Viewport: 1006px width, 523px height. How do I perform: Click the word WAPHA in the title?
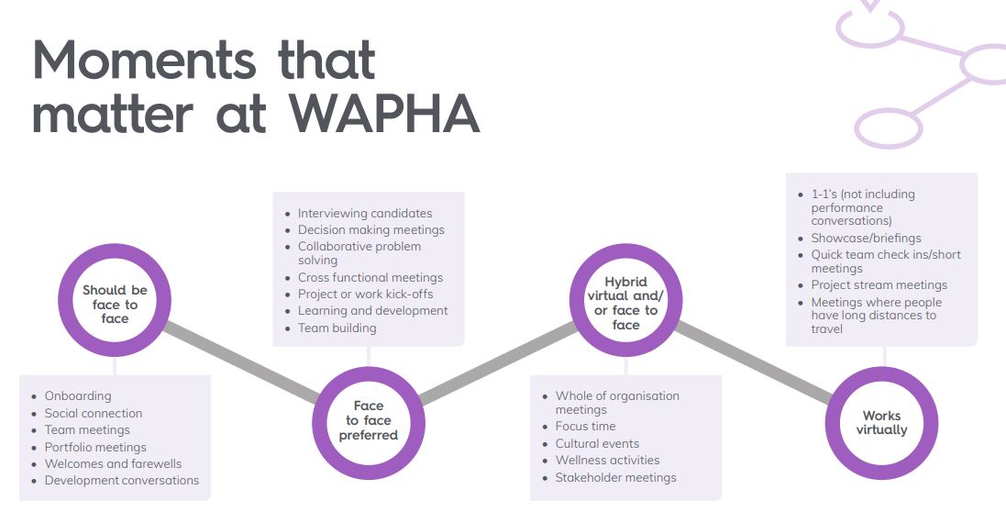coord(384,115)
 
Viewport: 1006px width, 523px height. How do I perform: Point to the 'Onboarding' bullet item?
coord(78,396)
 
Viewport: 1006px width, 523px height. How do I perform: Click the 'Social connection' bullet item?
coord(93,413)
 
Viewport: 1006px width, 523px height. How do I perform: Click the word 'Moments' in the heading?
coord(144,60)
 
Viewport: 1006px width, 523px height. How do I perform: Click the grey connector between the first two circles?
coord(241,362)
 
